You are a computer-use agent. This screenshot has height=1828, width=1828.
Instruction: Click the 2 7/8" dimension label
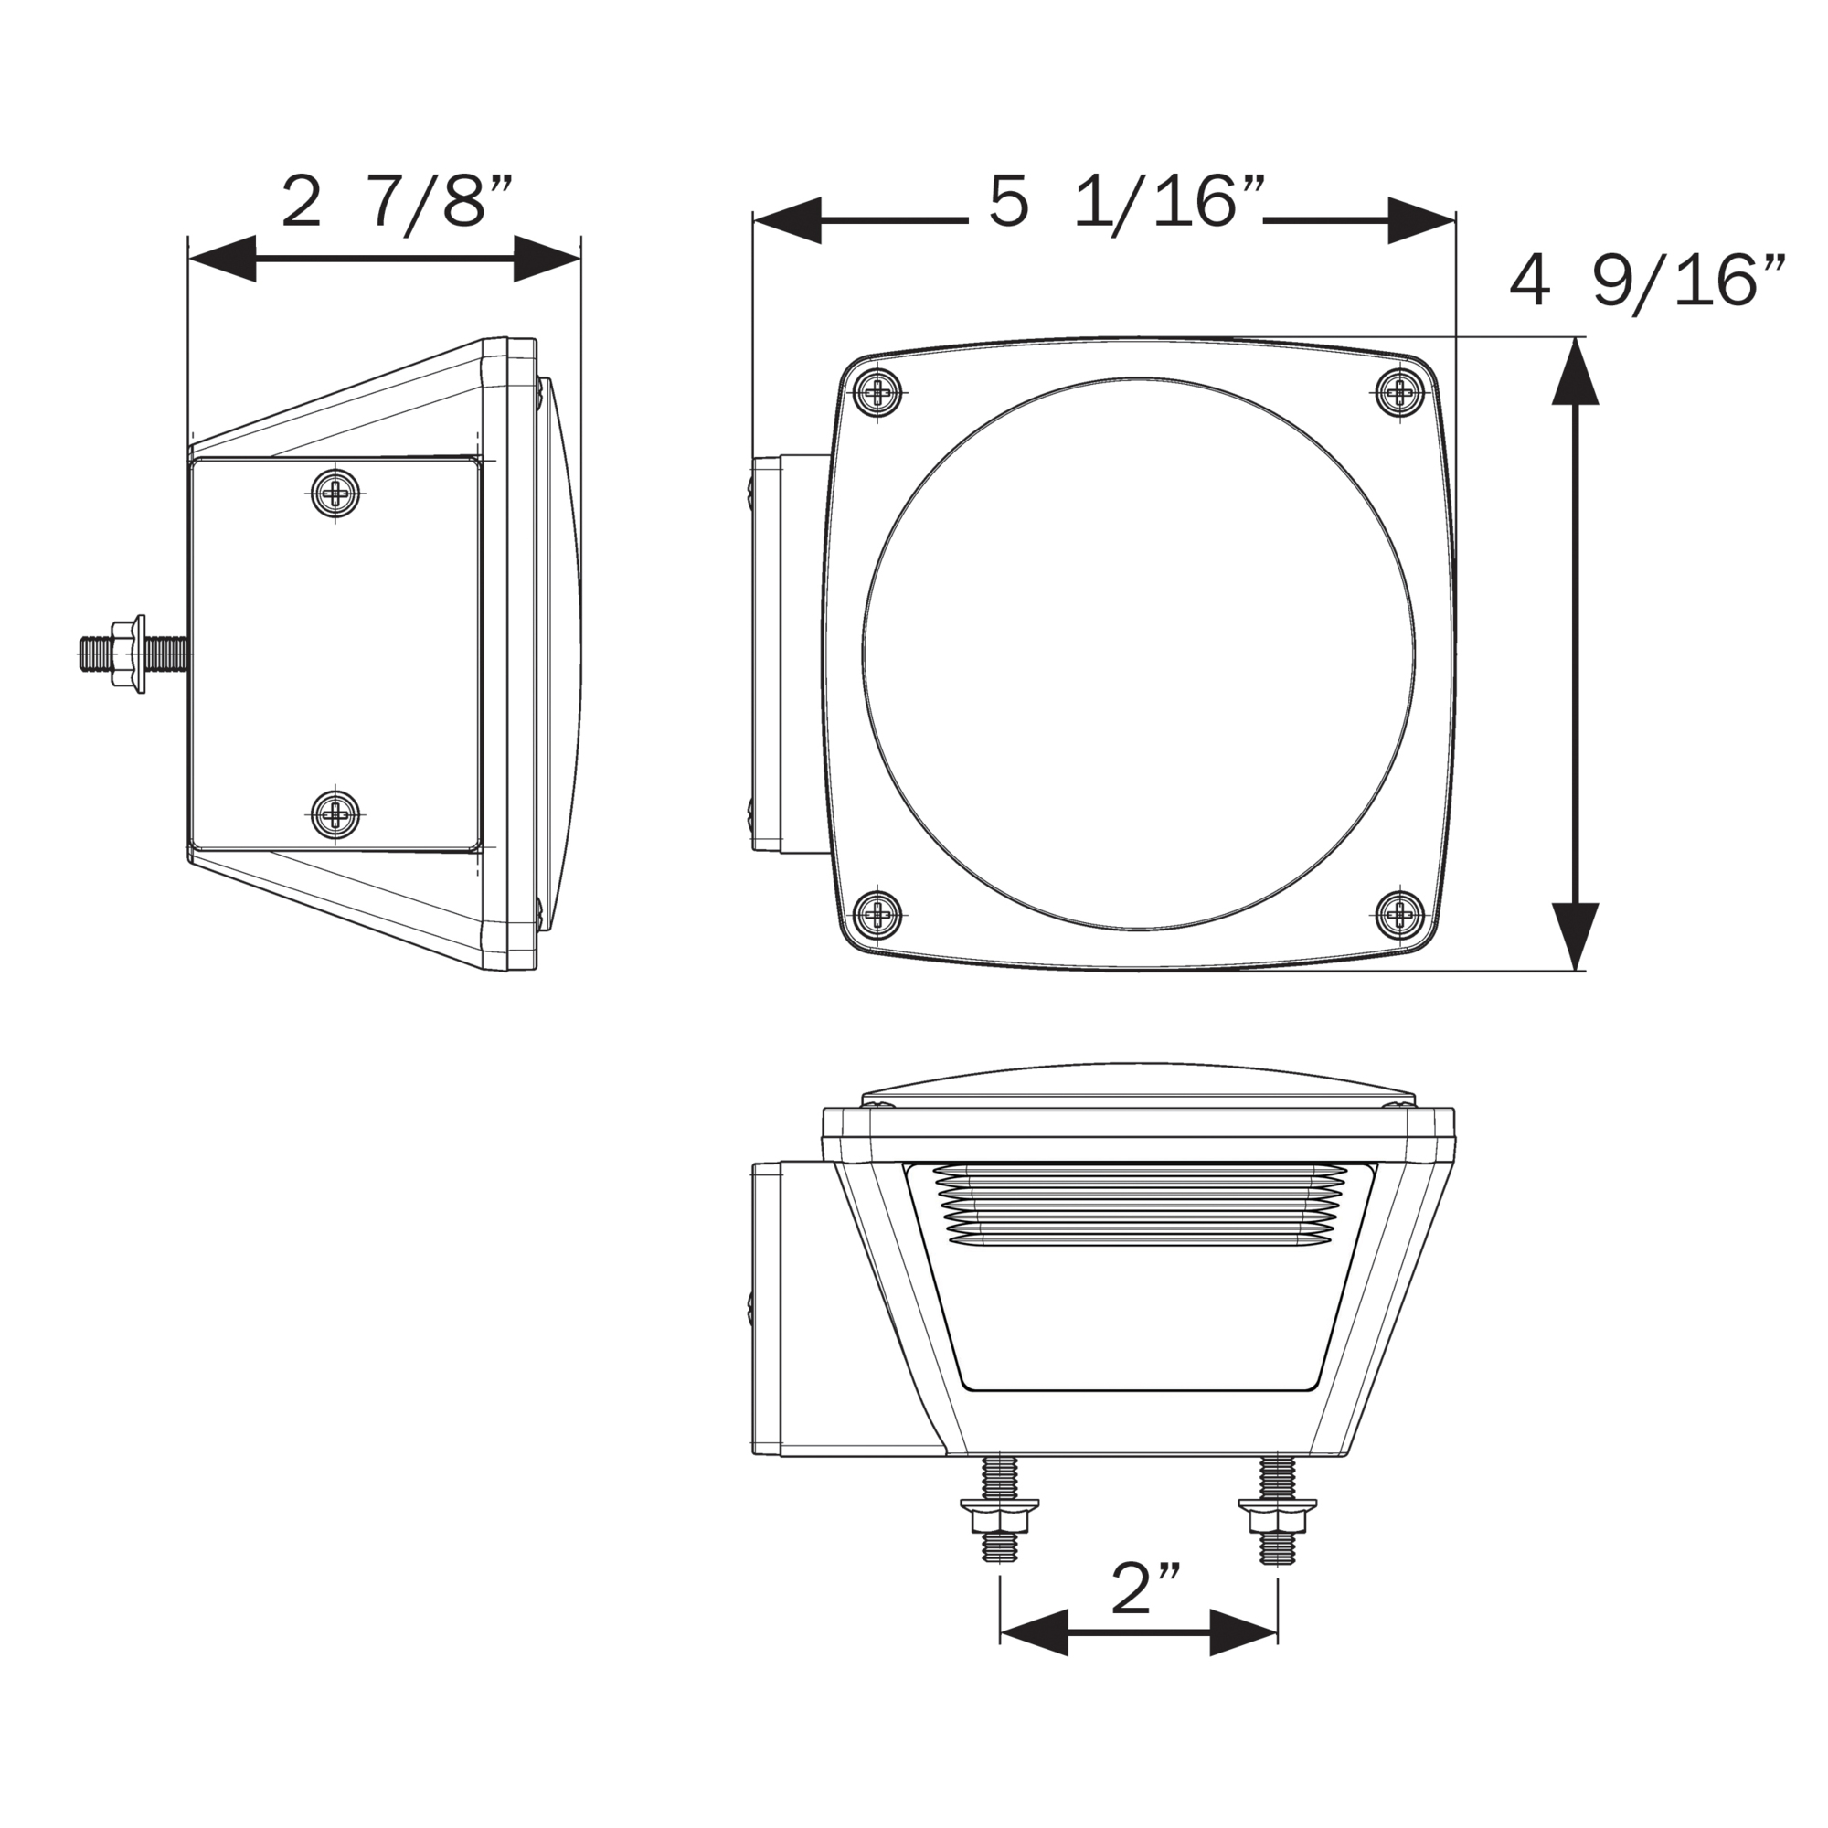[x=398, y=201]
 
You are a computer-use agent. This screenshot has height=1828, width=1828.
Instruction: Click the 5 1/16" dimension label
[x=1127, y=201]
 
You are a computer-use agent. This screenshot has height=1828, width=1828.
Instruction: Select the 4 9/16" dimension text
[x=1647, y=281]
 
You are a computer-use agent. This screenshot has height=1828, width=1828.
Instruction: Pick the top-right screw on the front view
[x=1398, y=390]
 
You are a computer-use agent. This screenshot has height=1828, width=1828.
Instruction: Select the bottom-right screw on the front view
[x=1398, y=914]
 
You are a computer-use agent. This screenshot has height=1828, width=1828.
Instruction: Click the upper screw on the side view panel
[x=338, y=492]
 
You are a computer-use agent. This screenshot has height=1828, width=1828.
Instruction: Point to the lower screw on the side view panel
[x=338, y=812]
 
